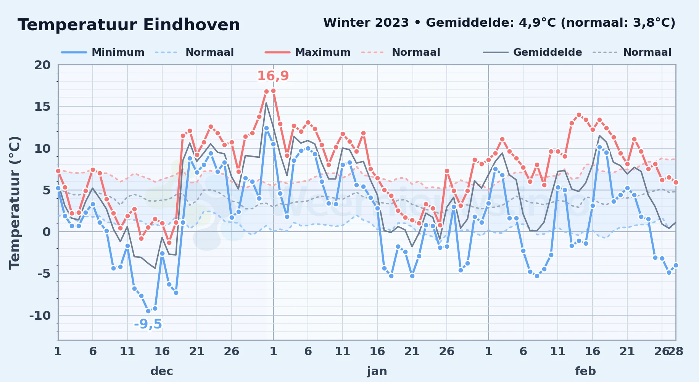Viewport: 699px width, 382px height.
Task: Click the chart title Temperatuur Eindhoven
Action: (129, 25)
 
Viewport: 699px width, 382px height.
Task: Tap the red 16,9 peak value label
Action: (273, 76)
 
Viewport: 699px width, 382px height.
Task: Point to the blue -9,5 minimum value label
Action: (148, 324)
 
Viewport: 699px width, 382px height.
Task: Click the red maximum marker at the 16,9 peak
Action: (273, 91)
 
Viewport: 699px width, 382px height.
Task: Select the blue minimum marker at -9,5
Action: (148, 311)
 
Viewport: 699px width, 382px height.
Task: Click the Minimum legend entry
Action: (103, 52)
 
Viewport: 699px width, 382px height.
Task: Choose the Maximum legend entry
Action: (308, 52)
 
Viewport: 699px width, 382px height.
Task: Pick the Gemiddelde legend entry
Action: (532, 52)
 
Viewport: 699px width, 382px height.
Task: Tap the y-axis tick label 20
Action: (42, 65)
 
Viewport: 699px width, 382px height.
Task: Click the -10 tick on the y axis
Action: (40, 316)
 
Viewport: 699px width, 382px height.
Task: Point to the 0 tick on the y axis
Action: (47, 232)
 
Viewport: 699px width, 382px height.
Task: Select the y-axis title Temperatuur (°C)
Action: (14, 202)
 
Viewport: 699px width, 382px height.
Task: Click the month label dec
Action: (162, 371)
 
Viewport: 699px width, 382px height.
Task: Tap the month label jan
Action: (377, 371)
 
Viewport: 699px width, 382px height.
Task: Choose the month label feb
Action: (585, 371)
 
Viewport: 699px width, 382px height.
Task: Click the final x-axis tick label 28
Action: (675, 351)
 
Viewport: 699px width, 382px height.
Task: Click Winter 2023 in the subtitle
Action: (366, 23)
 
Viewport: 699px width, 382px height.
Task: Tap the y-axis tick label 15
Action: (42, 107)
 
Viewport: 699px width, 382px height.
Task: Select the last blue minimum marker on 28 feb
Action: (676, 265)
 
